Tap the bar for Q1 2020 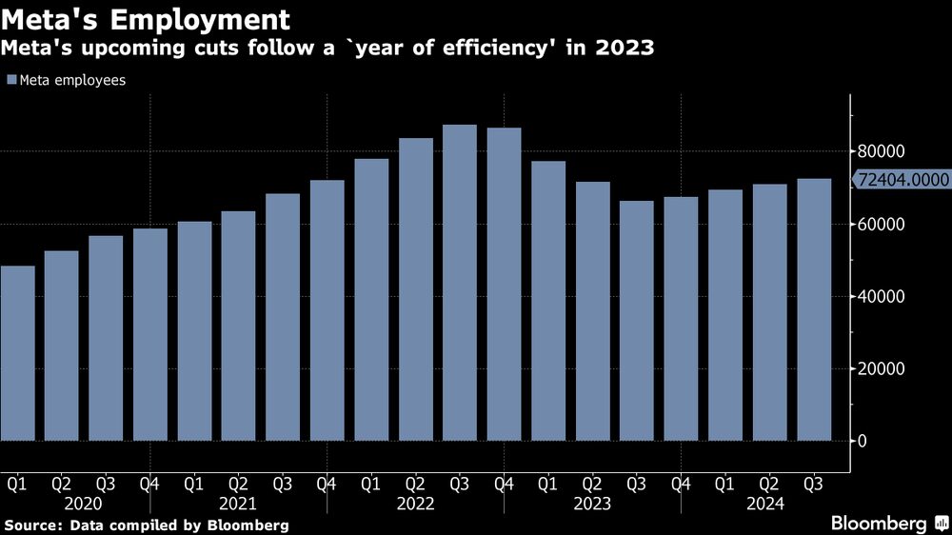(18, 353)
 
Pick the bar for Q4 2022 (504, 285)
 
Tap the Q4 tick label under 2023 (681, 485)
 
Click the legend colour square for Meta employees (10, 81)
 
